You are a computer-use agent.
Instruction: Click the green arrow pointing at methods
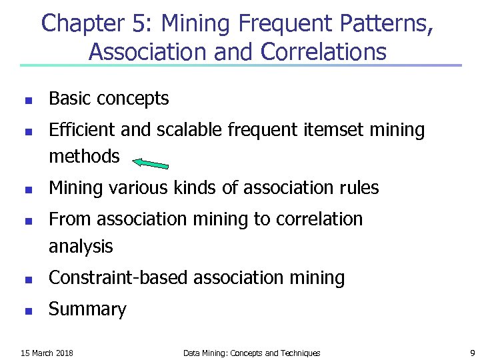coord(151,163)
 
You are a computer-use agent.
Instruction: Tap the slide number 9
coord(472,353)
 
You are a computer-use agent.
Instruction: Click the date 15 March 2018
coord(47,353)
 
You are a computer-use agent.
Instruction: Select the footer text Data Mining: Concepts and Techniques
coord(251,353)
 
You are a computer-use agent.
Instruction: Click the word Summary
coord(87,309)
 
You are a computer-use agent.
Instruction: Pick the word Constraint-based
coord(118,278)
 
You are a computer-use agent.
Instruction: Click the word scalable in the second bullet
coord(189,130)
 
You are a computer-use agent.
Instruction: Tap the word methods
coord(84,157)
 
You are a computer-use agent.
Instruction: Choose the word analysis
coord(81,247)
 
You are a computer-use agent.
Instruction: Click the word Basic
coord(70,99)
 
